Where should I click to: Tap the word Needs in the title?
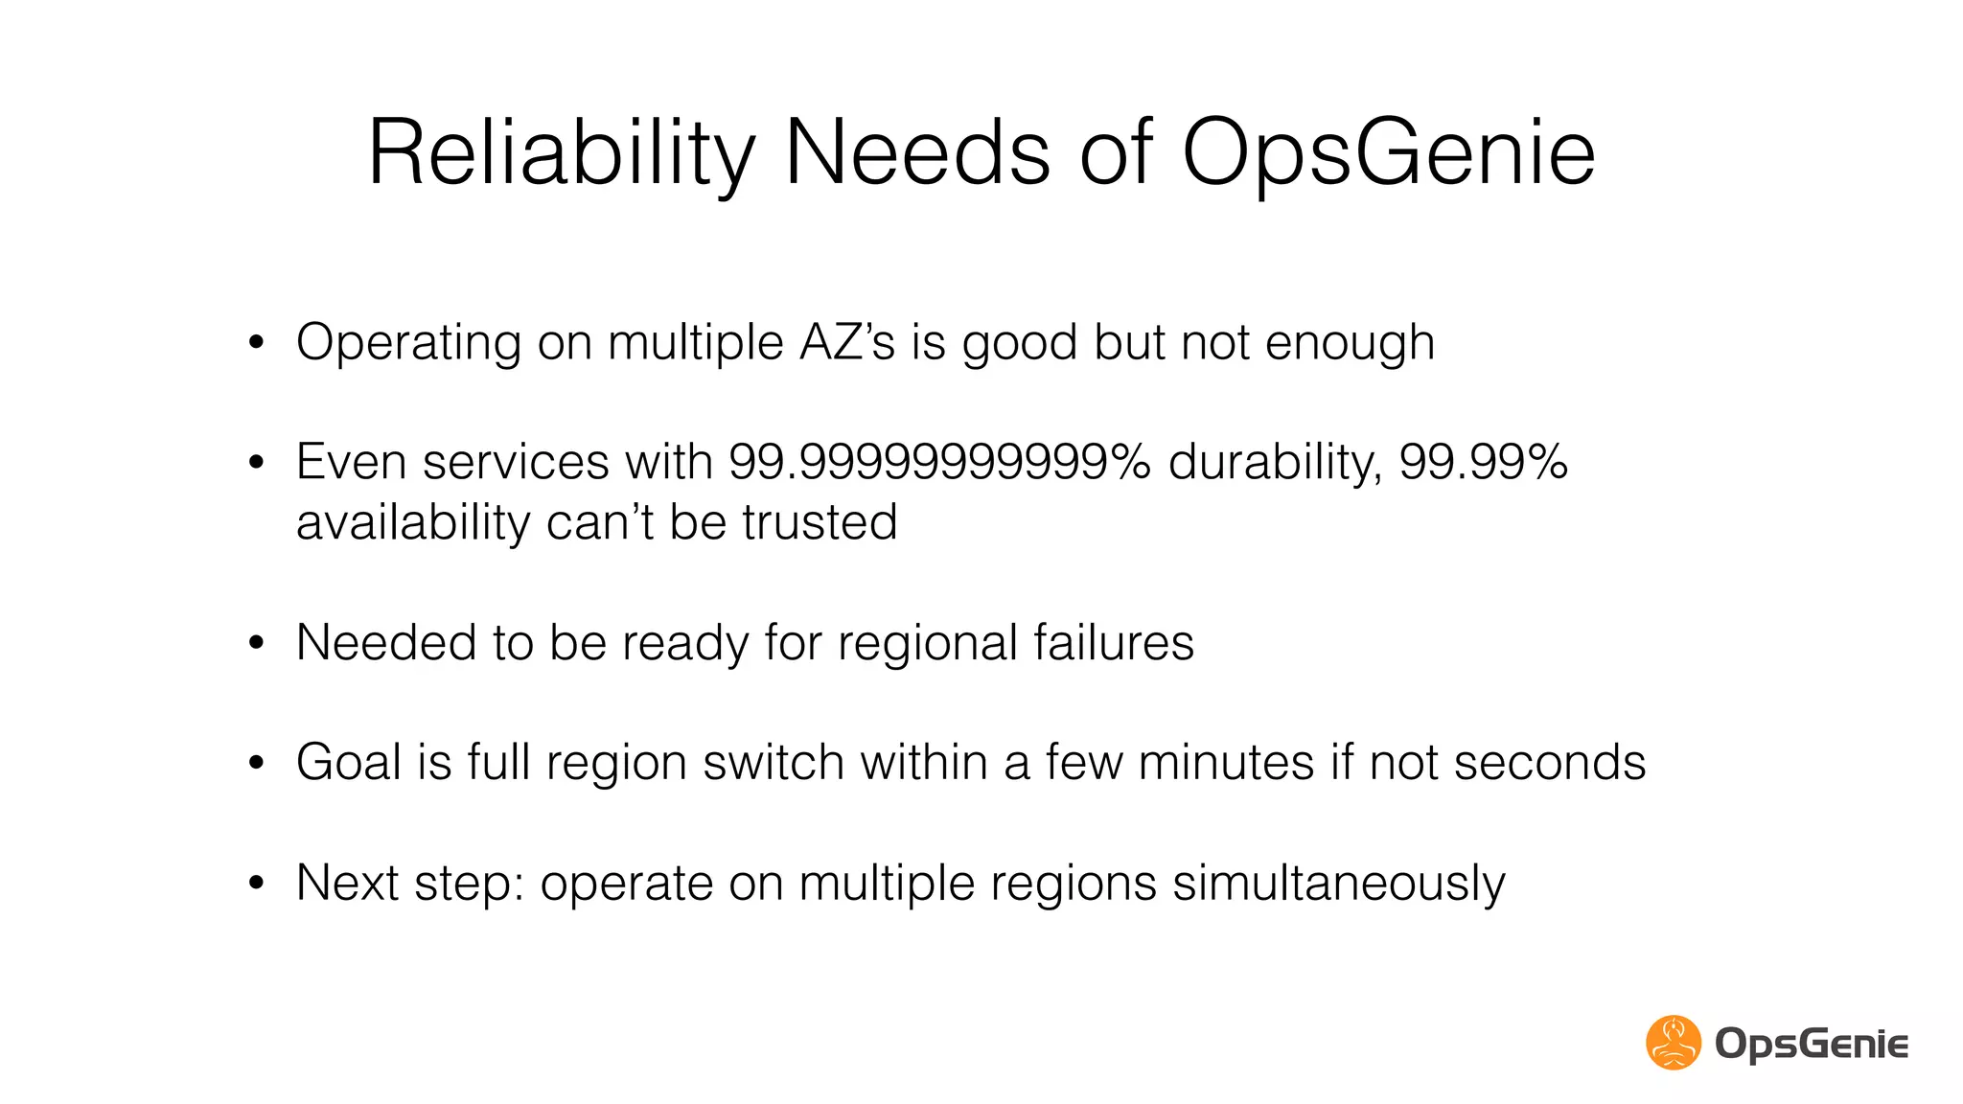917,153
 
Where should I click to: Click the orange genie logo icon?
1674,1043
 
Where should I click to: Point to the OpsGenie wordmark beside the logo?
1812,1044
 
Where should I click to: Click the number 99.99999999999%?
939,462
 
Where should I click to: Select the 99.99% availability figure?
1483,462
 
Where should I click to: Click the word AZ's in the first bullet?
846,342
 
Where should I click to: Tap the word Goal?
348,763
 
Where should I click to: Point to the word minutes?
1226,763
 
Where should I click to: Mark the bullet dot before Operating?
255,343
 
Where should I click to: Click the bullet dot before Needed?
255,643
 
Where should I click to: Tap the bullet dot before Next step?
255,884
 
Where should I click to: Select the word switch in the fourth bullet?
773,763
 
